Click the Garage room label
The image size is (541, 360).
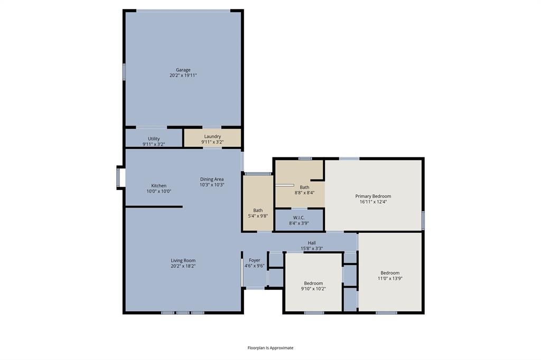pyautogui.click(x=183, y=70)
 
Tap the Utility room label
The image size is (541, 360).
pyautogui.click(x=154, y=139)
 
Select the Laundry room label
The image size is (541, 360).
pyautogui.click(x=212, y=136)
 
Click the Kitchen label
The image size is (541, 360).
pyautogui.click(x=159, y=186)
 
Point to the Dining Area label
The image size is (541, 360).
pyautogui.click(x=212, y=179)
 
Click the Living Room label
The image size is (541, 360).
pyautogui.click(x=183, y=261)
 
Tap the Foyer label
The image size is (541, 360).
pyautogui.click(x=255, y=260)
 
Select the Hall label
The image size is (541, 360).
pyautogui.click(x=312, y=243)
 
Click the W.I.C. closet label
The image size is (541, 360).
pyautogui.click(x=299, y=217)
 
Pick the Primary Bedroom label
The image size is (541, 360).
pyautogui.click(x=373, y=196)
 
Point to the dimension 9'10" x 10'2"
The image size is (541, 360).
pyautogui.click(x=313, y=289)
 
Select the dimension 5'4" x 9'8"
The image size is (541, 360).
pyautogui.click(x=258, y=216)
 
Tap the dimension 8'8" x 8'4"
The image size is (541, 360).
pyautogui.click(x=304, y=193)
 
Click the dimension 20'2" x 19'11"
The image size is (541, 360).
pyautogui.click(x=183, y=75)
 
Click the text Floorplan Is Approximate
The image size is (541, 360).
pyautogui.click(x=270, y=348)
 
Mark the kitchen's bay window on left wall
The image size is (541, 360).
pyautogui.click(x=119, y=177)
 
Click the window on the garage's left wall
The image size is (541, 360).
pyautogui.click(x=124, y=72)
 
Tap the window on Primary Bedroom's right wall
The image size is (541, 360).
pyautogui.click(x=423, y=220)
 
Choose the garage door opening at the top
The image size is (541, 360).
pyautogui.click(x=183, y=11)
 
